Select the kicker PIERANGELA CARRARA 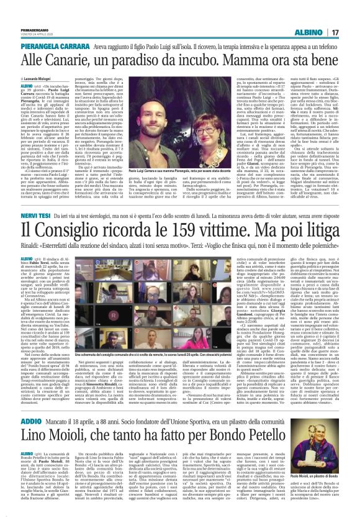[x=55, y=47]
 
